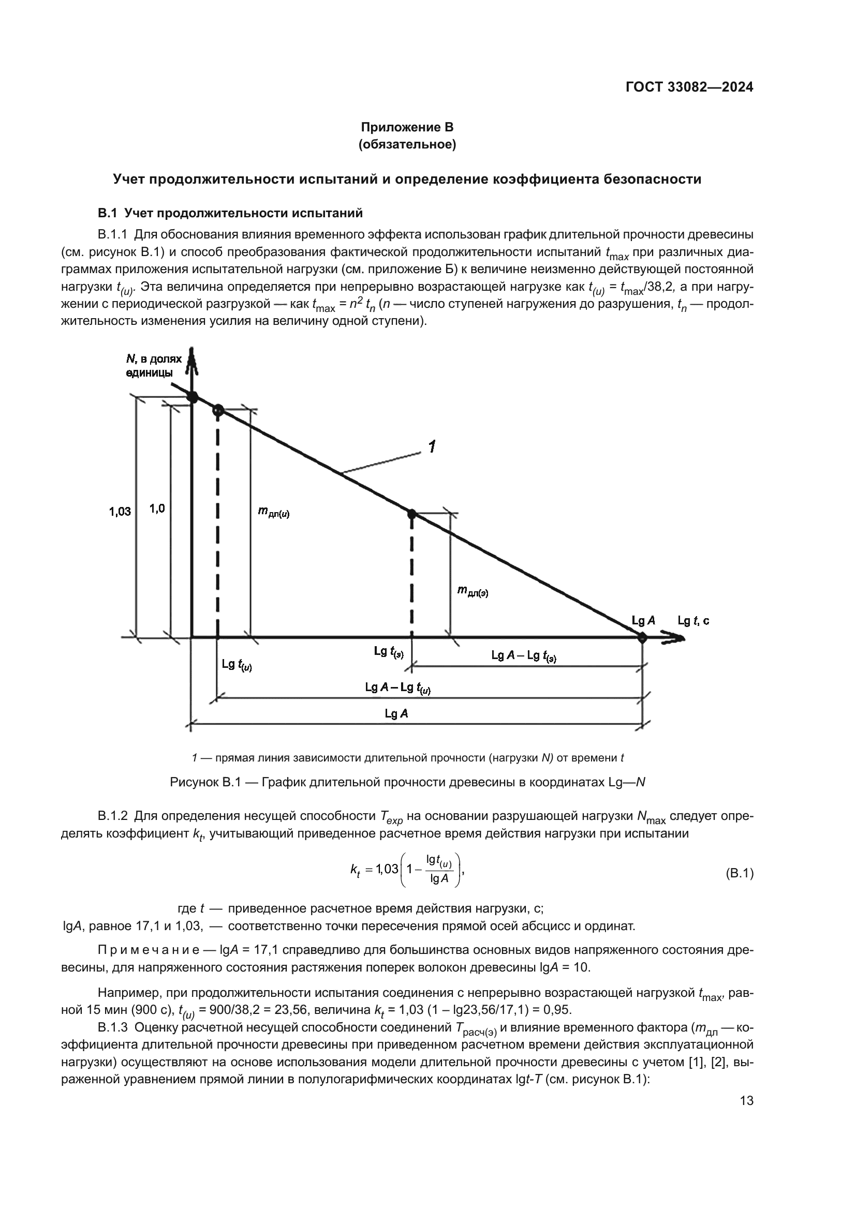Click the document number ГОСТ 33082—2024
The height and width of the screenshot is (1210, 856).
(689, 87)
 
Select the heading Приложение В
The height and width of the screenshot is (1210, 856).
(407, 127)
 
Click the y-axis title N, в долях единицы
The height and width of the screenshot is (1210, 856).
(153, 366)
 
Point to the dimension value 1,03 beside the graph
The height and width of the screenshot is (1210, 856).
(120, 511)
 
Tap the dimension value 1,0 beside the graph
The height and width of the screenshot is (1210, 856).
(157, 509)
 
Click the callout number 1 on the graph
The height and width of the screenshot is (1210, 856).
(432, 447)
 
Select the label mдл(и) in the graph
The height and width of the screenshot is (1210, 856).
(273, 512)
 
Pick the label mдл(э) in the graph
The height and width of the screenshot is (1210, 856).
(473, 592)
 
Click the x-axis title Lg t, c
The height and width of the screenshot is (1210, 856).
(693, 621)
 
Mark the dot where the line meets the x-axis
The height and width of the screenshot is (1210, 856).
(641, 638)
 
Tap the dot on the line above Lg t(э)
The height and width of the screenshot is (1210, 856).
(411, 513)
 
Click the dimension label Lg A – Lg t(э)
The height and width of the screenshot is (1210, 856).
(523, 655)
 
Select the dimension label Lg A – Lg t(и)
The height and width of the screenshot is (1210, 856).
(397, 688)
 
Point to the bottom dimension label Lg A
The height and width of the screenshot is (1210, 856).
(396, 713)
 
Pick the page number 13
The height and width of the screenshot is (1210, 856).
(746, 1100)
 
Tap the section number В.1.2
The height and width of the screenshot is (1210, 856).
(113, 816)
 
